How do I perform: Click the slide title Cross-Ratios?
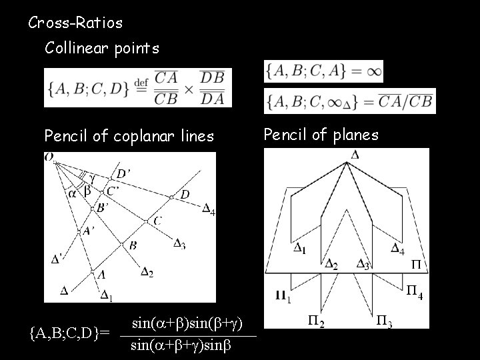click(x=75, y=23)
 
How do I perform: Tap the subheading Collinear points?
click(x=101, y=48)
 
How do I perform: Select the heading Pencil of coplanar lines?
click(x=129, y=137)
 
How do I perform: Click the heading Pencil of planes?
click(x=321, y=135)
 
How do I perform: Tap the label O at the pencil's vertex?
click(x=49, y=157)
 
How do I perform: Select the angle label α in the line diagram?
click(x=72, y=193)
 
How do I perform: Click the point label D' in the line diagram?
click(x=123, y=173)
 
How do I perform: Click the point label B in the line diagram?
click(x=133, y=245)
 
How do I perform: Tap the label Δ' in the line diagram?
click(x=58, y=259)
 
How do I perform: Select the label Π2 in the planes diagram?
click(x=316, y=323)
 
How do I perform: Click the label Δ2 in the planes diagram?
click(x=331, y=265)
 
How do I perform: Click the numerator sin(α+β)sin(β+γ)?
click(x=191, y=323)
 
